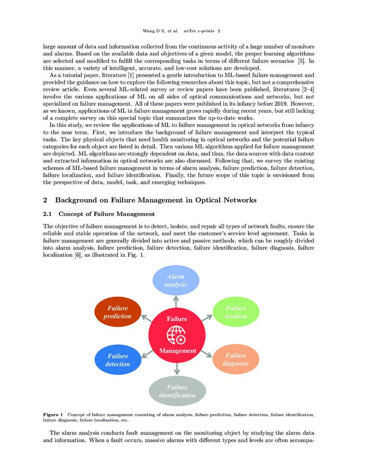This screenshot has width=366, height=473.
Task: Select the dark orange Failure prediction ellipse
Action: point(118,312)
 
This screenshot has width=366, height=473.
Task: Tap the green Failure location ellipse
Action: point(236,312)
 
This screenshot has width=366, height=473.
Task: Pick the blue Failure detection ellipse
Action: point(118,359)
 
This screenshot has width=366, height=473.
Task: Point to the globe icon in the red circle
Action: point(177,335)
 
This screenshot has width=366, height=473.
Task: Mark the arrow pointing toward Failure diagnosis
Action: point(206,354)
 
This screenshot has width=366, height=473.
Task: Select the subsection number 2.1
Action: point(48,214)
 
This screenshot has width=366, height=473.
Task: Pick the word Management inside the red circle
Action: point(177,351)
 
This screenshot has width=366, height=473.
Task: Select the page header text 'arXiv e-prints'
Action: point(199,31)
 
